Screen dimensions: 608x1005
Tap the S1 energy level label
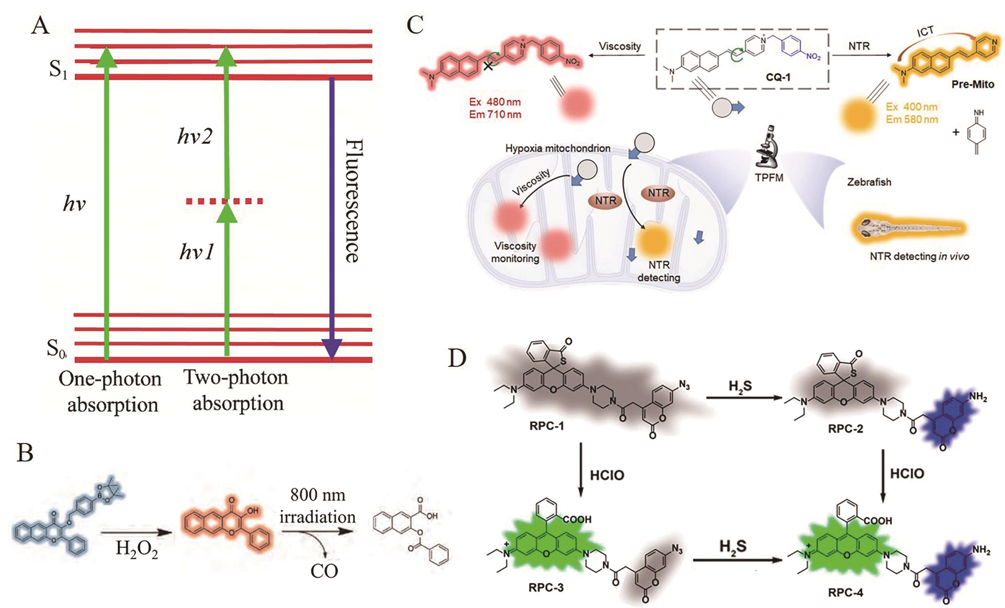click(58, 69)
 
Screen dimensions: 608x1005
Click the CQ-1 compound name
click(778, 77)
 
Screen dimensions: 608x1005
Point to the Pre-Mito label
click(973, 85)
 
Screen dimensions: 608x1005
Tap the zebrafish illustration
click(910, 228)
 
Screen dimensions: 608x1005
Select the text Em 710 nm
click(495, 115)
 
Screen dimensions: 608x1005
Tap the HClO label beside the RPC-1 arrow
click(607, 475)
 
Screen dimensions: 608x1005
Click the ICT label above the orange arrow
click(925, 32)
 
